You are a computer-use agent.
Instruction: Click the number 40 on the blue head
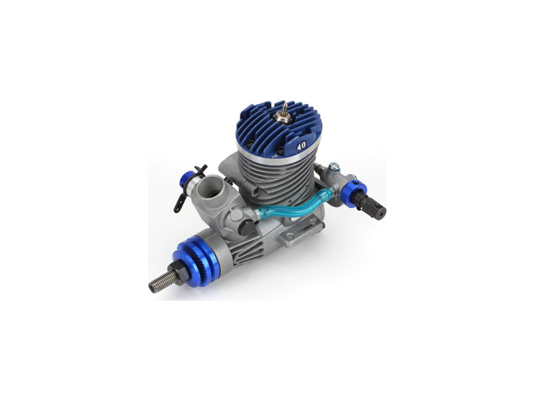coord(301,147)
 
